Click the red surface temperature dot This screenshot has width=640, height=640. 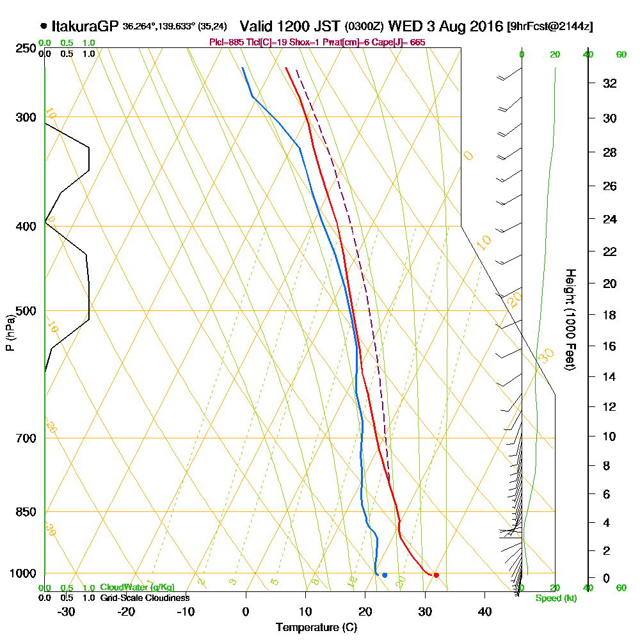(x=436, y=575)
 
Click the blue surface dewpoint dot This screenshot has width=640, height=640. (x=385, y=575)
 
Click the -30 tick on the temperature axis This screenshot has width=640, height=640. (x=67, y=611)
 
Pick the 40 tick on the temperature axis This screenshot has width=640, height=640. (x=484, y=611)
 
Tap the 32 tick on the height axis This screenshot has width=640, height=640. (x=611, y=83)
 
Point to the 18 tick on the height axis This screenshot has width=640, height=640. (x=611, y=315)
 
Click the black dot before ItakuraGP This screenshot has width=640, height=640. (x=44, y=26)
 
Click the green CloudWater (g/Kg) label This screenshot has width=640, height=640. (x=137, y=588)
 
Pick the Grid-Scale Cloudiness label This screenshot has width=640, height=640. (x=145, y=598)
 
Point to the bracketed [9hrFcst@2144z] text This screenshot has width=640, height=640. (x=549, y=27)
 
